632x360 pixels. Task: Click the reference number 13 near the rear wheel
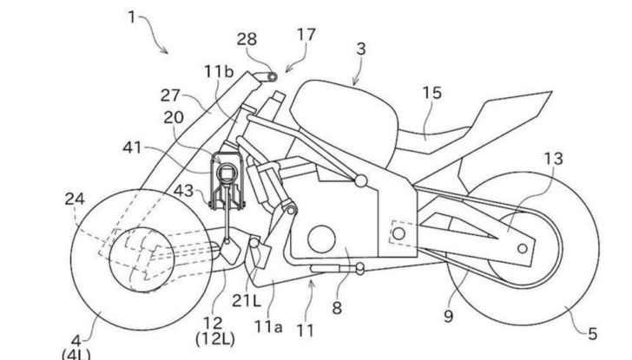pyautogui.click(x=553, y=158)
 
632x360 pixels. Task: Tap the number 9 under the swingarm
pyautogui.click(x=449, y=317)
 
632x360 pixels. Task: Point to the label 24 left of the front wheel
pyautogui.click(x=74, y=199)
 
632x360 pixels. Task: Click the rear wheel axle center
pyautogui.click(x=522, y=248)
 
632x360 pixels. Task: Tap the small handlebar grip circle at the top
pyautogui.click(x=272, y=76)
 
